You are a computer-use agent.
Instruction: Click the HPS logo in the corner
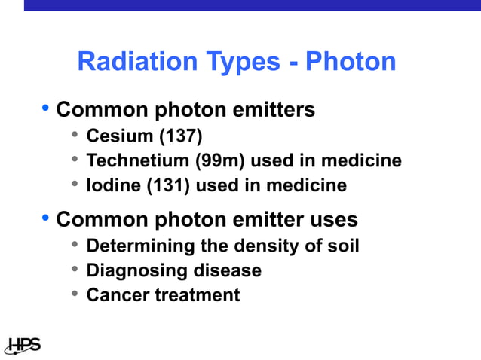pyautogui.click(x=23, y=346)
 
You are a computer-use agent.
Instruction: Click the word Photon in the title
pyautogui.click(x=351, y=62)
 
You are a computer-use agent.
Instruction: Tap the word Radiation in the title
pyautogui.click(x=132, y=62)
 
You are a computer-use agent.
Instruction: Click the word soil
pyautogui.click(x=342, y=246)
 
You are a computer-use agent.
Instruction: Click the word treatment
pyautogui.click(x=198, y=295)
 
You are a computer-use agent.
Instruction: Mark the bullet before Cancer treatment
pyautogui.click(x=75, y=294)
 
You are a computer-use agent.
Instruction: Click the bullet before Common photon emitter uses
pyautogui.click(x=45, y=218)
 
